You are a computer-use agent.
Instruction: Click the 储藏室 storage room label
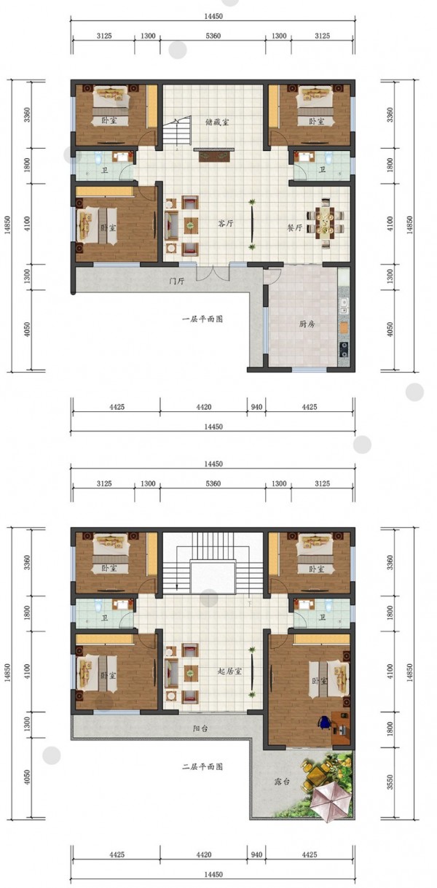[217, 122]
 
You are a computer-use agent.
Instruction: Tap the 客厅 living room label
[225, 224]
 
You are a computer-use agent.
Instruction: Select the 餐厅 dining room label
[295, 228]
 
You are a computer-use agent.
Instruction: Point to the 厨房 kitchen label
[307, 324]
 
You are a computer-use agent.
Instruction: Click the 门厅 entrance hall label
[176, 281]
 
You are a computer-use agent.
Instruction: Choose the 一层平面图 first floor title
[202, 319]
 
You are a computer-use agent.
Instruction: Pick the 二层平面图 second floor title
[202, 767]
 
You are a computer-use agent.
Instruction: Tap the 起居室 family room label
[230, 671]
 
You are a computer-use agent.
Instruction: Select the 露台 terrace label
[282, 782]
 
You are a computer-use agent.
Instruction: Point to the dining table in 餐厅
[326, 223]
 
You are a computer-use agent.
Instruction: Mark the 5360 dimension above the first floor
[213, 36]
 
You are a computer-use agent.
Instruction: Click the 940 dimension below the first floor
[256, 407]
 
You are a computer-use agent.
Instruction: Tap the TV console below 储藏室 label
[214, 155]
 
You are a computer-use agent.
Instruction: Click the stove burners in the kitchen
[344, 348]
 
